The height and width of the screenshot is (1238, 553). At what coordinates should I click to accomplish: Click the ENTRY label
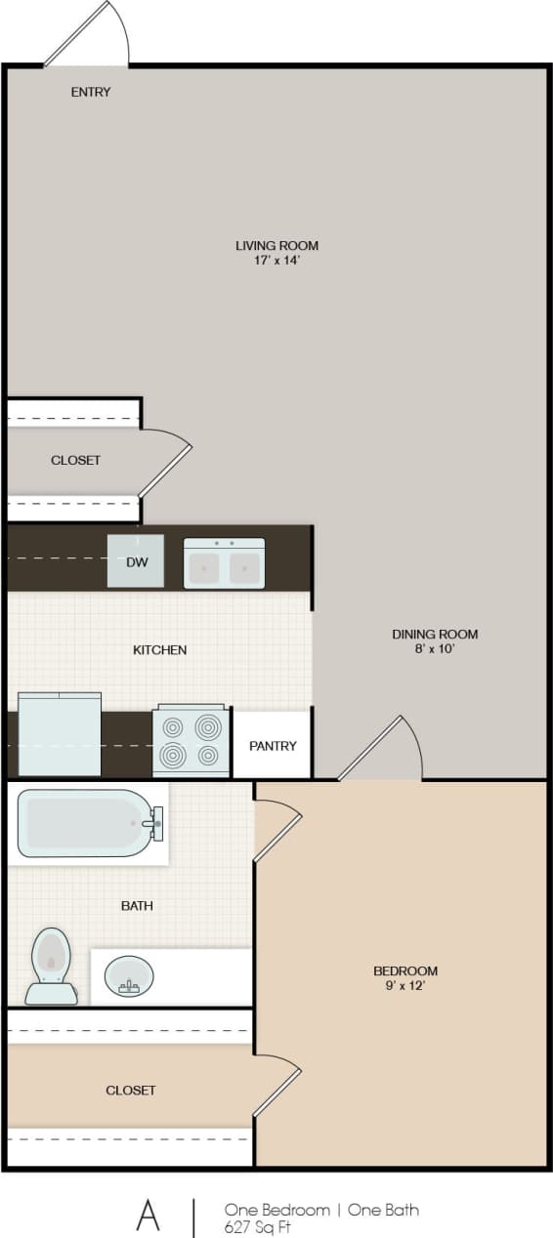(x=91, y=93)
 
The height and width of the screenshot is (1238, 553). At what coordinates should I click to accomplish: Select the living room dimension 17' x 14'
(x=276, y=261)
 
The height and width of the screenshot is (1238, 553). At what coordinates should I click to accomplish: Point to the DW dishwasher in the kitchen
(x=136, y=561)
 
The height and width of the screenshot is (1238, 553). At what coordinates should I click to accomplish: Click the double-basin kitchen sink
(x=224, y=563)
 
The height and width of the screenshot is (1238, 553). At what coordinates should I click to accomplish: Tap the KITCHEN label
(x=159, y=649)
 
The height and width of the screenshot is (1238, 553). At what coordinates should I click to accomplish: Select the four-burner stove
(x=191, y=741)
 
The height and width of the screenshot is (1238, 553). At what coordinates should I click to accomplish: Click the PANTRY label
(x=273, y=746)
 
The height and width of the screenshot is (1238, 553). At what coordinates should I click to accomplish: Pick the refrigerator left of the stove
(x=60, y=733)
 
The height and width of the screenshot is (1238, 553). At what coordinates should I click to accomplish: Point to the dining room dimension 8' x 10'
(x=435, y=648)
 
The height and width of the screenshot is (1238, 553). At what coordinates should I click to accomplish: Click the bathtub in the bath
(x=88, y=823)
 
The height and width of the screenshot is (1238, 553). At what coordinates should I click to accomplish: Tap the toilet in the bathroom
(x=51, y=966)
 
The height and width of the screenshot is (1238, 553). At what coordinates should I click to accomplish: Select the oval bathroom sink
(x=129, y=974)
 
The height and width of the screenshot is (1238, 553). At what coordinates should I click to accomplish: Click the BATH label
(x=137, y=905)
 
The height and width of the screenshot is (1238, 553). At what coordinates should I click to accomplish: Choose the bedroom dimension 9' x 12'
(x=405, y=986)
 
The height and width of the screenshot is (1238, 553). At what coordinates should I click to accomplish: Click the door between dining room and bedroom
(x=381, y=750)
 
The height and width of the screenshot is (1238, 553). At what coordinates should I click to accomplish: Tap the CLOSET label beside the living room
(x=75, y=460)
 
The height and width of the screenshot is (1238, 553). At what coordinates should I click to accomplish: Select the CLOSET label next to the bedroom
(x=131, y=1090)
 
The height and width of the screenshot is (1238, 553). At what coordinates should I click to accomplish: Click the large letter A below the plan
(x=148, y=1215)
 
